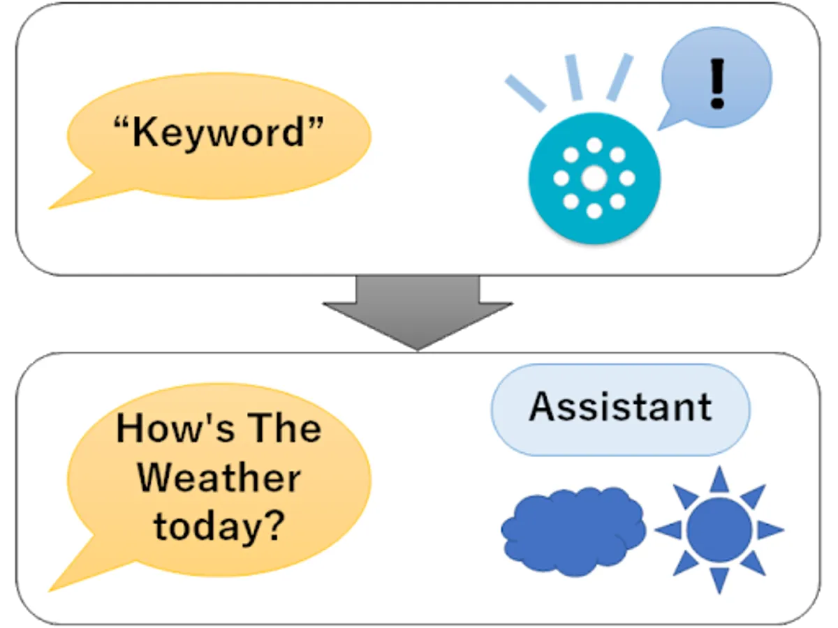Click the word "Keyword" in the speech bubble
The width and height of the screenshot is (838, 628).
click(219, 132)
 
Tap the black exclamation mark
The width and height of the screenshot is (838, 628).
click(716, 83)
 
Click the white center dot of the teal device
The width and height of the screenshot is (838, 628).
click(594, 178)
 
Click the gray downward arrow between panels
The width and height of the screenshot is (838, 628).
click(418, 307)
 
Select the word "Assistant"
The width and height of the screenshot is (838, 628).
click(620, 408)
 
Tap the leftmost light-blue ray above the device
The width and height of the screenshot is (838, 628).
click(525, 92)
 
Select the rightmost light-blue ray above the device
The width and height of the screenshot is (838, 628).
click(619, 76)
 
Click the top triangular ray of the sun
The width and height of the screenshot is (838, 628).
click(719, 480)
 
